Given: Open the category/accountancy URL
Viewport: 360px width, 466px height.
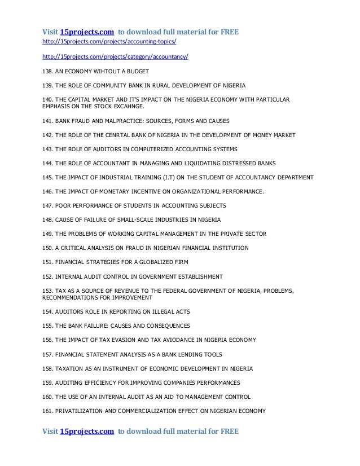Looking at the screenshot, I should (x=116, y=57).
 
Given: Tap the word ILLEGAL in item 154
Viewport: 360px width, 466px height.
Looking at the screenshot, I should (x=160, y=311).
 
